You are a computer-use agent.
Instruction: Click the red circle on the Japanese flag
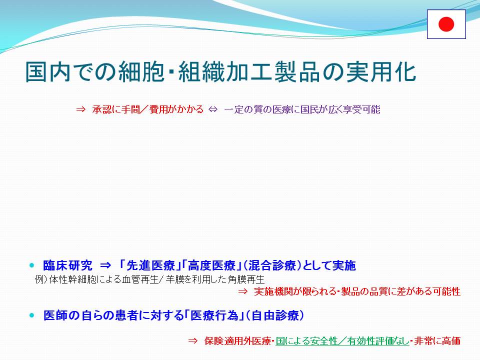pyautogui.click(x=446, y=24)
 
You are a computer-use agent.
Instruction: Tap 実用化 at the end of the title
pyautogui.click(x=381, y=72)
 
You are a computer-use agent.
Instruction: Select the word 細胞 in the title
pyautogui.click(x=141, y=72)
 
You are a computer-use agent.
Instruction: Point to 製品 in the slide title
pyautogui.click(x=297, y=72)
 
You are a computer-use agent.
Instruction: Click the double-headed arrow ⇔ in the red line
pyautogui.click(x=213, y=109)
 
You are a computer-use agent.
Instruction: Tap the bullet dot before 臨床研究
pyautogui.click(x=32, y=265)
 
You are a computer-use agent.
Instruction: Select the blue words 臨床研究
pyautogui.click(x=67, y=265)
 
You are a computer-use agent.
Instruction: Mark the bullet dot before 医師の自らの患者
pyautogui.click(x=32, y=315)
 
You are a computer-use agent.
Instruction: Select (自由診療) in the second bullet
pyautogui.click(x=275, y=315)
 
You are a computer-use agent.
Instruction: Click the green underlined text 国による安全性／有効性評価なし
pyautogui.click(x=342, y=340)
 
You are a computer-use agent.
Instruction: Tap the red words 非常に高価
pyautogui.click(x=437, y=340)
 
